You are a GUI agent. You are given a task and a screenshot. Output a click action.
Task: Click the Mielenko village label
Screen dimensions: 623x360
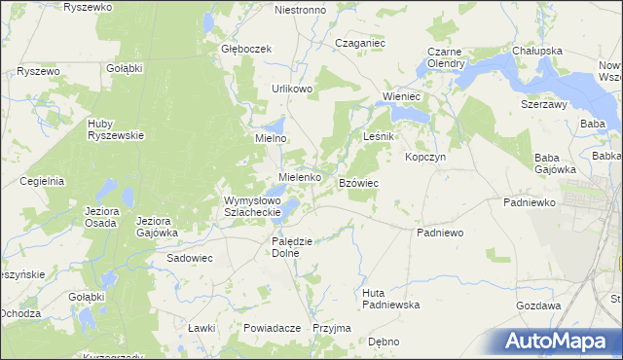(300, 178)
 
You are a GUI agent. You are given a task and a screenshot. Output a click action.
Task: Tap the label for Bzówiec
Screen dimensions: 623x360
(358, 183)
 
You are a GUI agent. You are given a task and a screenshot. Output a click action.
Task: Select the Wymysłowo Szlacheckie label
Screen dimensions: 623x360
(252, 206)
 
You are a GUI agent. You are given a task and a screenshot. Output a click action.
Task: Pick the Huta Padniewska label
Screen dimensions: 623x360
(389, 299)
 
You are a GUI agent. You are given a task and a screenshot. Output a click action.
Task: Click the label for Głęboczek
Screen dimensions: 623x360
(244, 49)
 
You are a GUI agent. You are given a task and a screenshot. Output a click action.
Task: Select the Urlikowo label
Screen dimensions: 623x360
(292, 89)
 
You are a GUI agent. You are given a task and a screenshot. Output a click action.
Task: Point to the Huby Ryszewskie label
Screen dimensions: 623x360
(116, 129)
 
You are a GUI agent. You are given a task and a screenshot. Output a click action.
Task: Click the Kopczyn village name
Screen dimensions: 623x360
(425, 158)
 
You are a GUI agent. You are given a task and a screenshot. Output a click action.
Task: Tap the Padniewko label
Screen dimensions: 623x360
(529, 202)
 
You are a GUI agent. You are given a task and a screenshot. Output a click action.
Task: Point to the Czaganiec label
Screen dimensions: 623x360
(360, 44)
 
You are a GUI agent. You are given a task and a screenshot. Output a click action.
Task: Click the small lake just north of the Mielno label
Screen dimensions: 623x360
(276, 125)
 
